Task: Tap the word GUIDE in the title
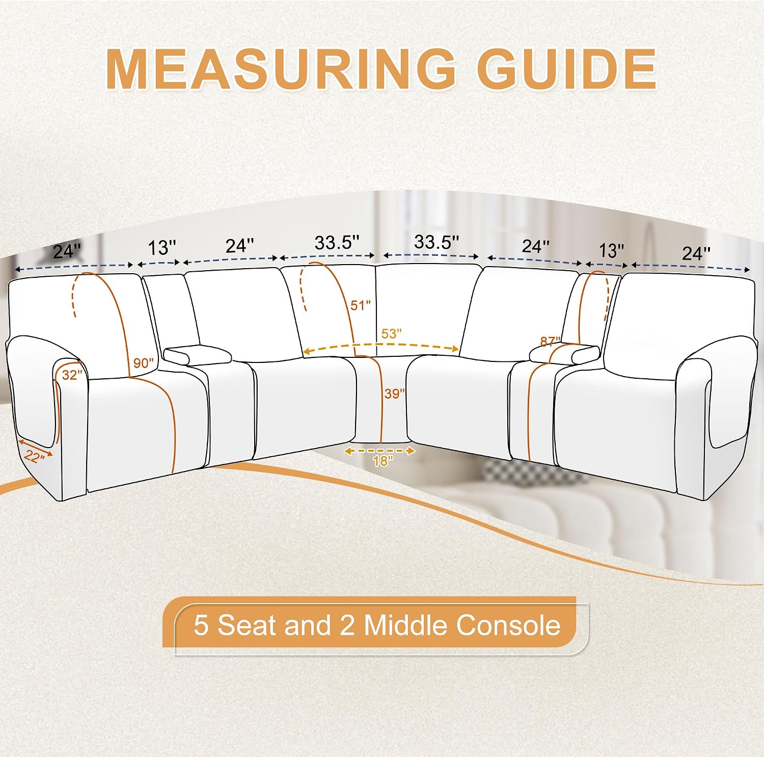click(566, 69)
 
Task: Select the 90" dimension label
click(143, 363)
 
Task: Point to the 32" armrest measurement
click(71, 375)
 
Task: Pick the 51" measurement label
click(360, 305)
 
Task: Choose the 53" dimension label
click(391, 334)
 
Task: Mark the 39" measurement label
click(394, 394)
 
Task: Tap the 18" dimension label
click(383, 461)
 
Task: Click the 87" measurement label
click(550, 341)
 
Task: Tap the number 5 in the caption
click(201, 625)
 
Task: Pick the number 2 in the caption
click(347, 625)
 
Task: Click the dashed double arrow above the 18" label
click(380, 451)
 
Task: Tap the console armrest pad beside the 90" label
click(197, 355)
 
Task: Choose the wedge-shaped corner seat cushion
click(381, 398)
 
